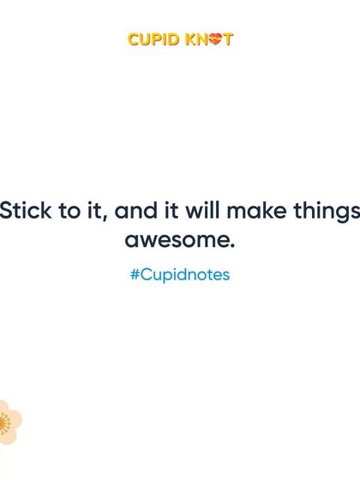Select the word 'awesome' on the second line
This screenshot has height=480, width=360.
(x=176, y=241)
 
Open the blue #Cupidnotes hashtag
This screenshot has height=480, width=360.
(x=180, y=276)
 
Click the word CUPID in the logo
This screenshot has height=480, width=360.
(x=151, y=39)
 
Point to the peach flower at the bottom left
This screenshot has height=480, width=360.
(x=9, y=422)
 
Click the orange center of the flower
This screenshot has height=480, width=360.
(x=4, y=422)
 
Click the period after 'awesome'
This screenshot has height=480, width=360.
(x=231, y=247)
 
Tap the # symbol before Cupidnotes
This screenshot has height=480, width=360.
(x=135, y=276)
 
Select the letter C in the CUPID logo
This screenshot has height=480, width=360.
(x=134, y=39)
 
